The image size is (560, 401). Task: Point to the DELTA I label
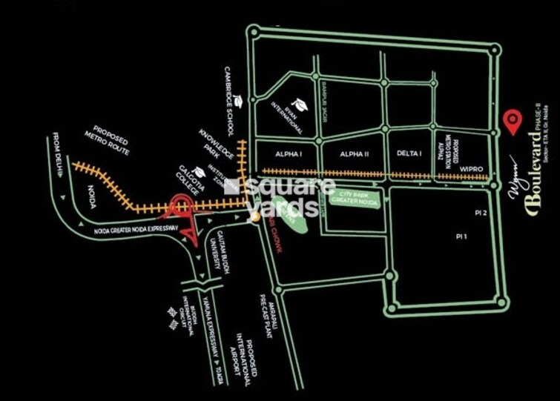click(x=409, y=153)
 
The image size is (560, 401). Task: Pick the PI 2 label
click(x=481, y=213)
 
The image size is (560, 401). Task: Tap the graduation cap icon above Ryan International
click(x=300, y=102)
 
